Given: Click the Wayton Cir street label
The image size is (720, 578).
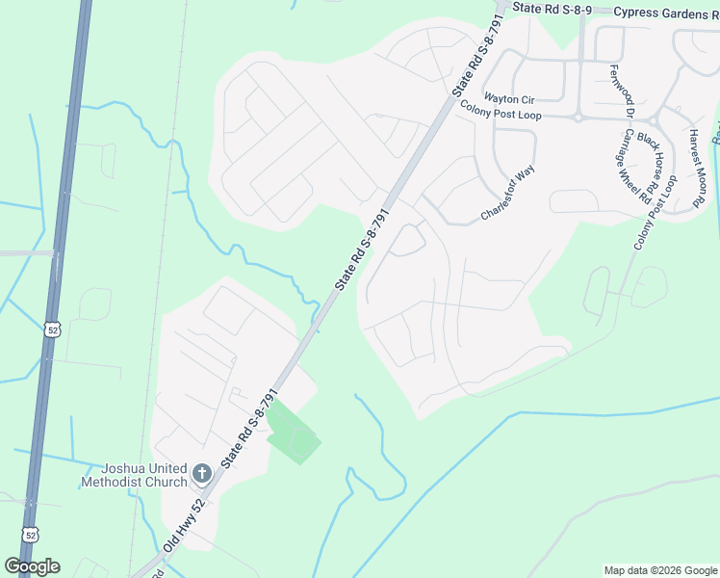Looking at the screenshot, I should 508,99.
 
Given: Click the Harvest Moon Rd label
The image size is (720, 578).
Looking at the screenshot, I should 698,170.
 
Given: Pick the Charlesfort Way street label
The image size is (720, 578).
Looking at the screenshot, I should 508,195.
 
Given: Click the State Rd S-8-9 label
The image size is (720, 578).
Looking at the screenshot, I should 553,7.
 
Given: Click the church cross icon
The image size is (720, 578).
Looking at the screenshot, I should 201,473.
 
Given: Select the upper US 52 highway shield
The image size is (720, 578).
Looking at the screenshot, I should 51,329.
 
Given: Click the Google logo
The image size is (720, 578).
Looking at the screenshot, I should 32,566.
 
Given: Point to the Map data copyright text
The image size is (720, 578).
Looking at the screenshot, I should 659,570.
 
